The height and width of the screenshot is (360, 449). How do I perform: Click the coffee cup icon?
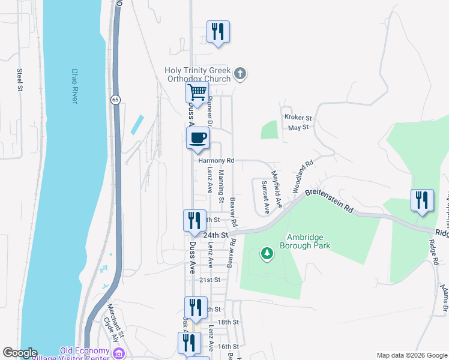click(x=197, y=138)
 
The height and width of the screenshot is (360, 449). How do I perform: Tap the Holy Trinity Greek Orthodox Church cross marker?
click(x=240, y=74)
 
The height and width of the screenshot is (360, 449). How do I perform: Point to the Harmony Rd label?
click(x=214, y=161)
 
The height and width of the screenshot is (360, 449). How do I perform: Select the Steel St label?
click(x=20, y=80)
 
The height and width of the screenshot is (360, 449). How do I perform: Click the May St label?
click(x=298, y=127)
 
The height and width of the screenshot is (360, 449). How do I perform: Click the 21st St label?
click(x=210, y=280)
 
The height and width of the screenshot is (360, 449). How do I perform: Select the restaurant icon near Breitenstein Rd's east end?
click(x=421, y=200)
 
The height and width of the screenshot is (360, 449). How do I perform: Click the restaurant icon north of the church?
click(x=218, y=32)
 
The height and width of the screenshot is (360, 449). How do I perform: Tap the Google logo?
click(x=20, y=353)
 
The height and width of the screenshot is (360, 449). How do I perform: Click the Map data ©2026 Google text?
click(x=411, y=355)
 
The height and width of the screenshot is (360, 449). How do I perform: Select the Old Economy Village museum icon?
click(x=119, y=354)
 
